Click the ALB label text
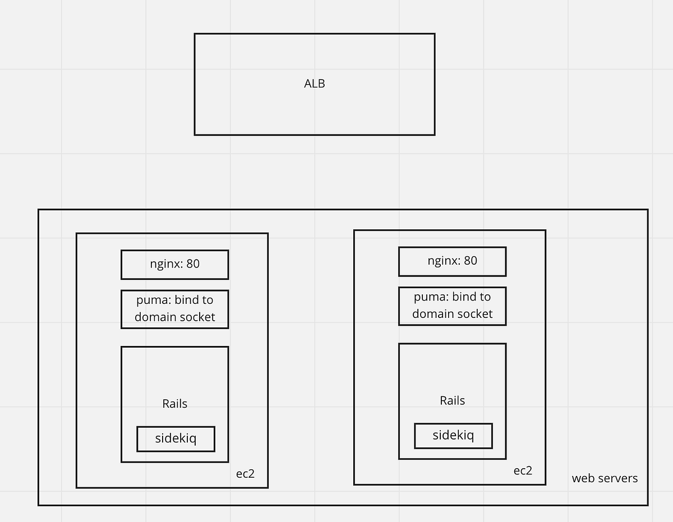click(314, 84)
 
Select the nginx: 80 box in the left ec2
click(174, 264)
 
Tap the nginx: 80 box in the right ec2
click(452, 261)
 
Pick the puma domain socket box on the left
click(174, 309)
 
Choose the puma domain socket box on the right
click(452, 306)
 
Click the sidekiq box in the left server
click(176, 438)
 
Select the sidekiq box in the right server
click(453, 436)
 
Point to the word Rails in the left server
click(174, 404)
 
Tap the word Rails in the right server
click(452, 401)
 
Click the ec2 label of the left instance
click(245, 473)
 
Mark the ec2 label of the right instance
click(523, 470)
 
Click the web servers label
click(605, 478)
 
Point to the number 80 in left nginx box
click(192, 264)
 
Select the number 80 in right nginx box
click(470, 261)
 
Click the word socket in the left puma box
click(196, 317)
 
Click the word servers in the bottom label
click(617, 478)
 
